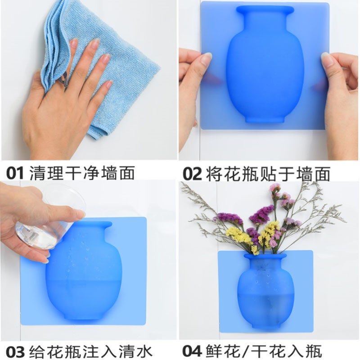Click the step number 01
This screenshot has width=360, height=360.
click(x=15, y=173)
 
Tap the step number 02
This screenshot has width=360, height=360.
click(x=192, y=174)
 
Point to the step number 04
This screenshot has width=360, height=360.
click(x=192, y=351)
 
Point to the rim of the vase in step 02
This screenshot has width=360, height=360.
click(x=265, y=9)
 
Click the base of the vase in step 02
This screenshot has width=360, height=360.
click(x=264, y=119)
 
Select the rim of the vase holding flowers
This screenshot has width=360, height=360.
click(x=265, y=256)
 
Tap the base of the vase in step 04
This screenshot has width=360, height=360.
click(x=265, y=326)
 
